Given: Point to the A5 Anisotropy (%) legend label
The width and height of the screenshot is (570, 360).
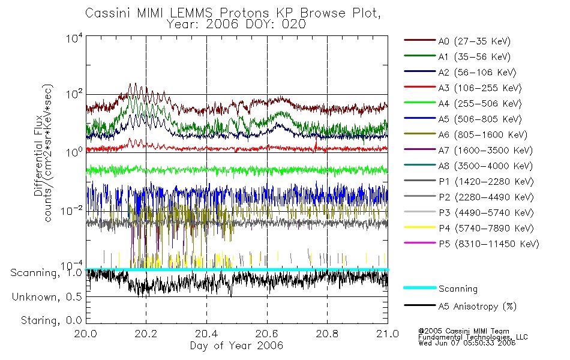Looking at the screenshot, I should point(477,306).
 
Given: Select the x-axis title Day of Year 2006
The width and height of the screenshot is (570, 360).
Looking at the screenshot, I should point(236,346).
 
